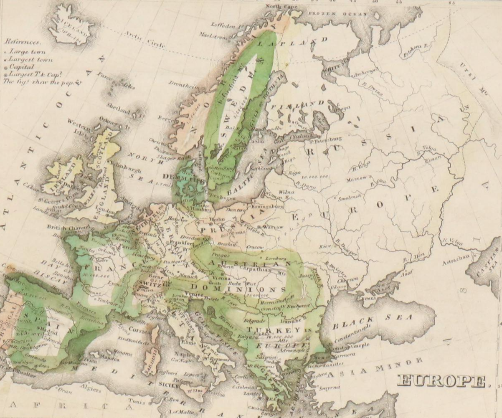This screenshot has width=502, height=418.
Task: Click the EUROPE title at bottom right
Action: [x=443, y=381]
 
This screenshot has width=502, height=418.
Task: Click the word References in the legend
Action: [x=23, y=42]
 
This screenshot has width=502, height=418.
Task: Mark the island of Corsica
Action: [x=155, y=336]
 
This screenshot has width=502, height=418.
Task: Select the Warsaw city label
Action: [x=273, y=227]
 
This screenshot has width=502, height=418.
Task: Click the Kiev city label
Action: [x=325, y=247]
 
